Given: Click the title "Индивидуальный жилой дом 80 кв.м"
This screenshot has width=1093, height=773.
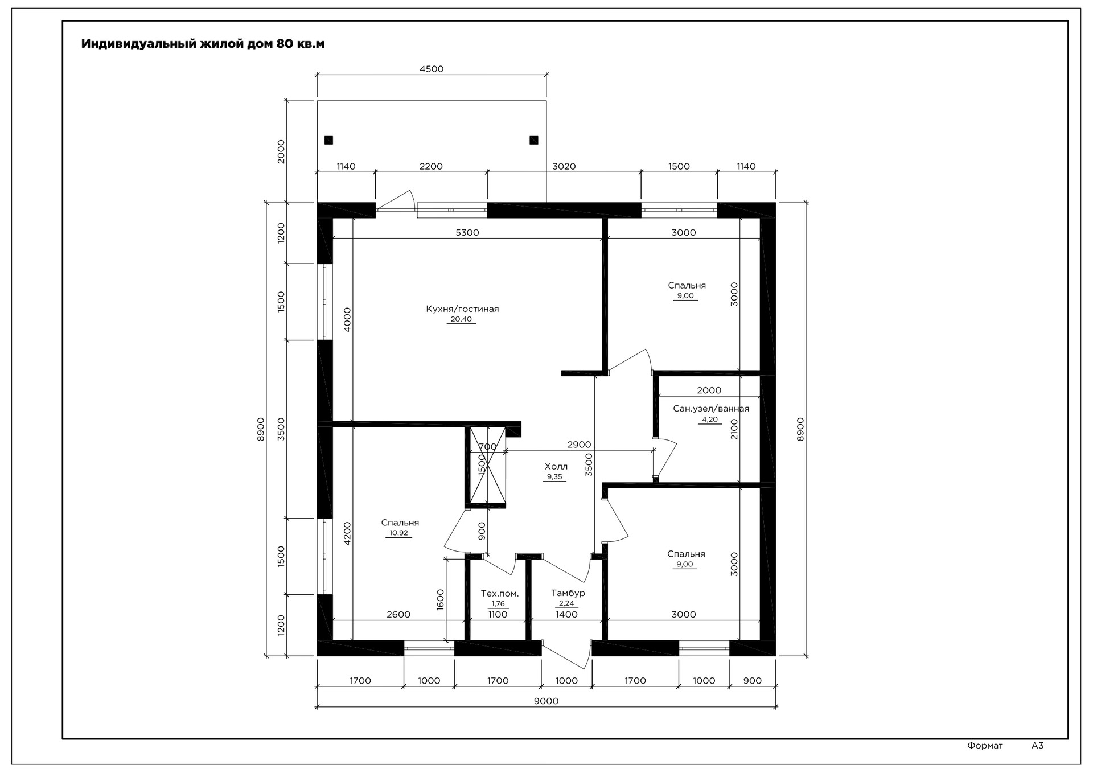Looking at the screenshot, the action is pyautogui.click(x=203, y=44).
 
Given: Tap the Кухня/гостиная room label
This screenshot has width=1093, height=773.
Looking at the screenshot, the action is pyautogui.click(x=462, y=309).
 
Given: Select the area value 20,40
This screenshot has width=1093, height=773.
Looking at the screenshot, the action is pyautogui.click(x=461, y=319).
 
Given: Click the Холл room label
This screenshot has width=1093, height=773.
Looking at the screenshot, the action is pyautogui.click(x=556, y=467).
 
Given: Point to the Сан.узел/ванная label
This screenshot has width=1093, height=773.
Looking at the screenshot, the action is pyautogui.click(x=711, y=409).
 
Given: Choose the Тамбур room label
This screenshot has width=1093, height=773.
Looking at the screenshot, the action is pyautogui.click(x=568, y=593).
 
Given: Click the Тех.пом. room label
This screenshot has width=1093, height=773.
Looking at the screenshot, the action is pyautogui.click(x=500, y=593).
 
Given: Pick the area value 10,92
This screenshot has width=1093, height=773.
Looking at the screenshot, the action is pyautogui.click(x=398, y=533).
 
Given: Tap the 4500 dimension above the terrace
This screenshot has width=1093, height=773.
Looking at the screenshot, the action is pyautogui.click(x=432, y=69).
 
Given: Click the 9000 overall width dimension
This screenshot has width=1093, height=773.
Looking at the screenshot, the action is pyautogui.click(x=546, y=701).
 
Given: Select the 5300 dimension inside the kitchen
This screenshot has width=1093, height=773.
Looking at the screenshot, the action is pyautogui.click(x=467, y=233).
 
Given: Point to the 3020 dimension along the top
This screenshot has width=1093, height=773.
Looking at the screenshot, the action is pyautogui.click(x=564, y=167).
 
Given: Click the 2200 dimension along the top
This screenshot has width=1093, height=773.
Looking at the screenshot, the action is pyautogui.click(x=431, y=167).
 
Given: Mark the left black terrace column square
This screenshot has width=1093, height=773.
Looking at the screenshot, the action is pyautogui.click(x=328, y=140).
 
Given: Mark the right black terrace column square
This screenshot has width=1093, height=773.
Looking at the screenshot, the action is pyautogui.click(x=533, y=140).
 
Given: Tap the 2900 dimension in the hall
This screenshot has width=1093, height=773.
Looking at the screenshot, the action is pyautogui.click(x=579, y=445).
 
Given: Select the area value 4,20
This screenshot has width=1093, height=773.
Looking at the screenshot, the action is pyautogui.click(x=710, y=420).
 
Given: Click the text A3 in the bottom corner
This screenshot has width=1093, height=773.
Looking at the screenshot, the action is pyautogui.click(x=1037, y=745).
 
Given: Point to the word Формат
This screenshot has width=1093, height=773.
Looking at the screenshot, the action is pyautogui.click(x=985, y=746).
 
